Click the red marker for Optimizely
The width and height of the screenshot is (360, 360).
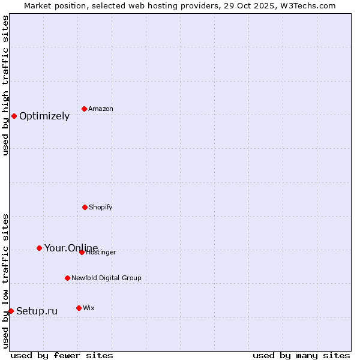coord(14,116)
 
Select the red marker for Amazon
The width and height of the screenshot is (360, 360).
coord(84,109)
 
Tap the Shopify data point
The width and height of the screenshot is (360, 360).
coord(85,207)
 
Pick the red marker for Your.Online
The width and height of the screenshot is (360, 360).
coord(39,248)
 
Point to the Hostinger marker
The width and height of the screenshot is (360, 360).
coord(82,252)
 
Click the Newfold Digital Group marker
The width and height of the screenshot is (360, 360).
coord(67,278)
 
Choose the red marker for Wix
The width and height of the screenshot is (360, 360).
coord(79,308)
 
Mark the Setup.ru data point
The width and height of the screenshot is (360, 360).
coord(11,311)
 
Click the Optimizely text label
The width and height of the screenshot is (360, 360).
coord(44,116)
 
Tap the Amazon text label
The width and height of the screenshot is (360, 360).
coord(101,109)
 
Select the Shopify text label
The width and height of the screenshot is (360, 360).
coord(101,208)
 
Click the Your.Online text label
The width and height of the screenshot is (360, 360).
coord(71,248)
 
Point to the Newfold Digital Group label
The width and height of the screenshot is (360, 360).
coord(106,278)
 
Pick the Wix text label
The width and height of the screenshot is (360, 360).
coord(89,308)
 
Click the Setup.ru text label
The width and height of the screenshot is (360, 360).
coord(37,311)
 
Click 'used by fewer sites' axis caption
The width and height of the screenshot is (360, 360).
coord(62,355)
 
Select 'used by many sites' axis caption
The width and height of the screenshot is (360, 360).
coord(301,355)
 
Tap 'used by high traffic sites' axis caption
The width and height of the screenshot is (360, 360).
coord(5,85)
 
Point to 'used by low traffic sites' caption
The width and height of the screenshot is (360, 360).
coord(5,281)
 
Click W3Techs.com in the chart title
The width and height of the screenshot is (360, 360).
coord(305,5)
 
